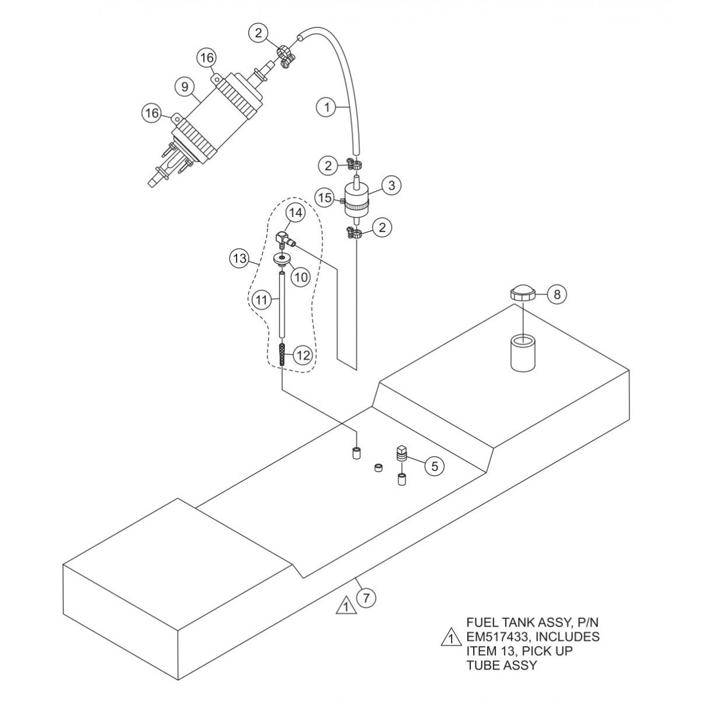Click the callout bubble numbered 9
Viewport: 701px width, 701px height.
coord(185,87)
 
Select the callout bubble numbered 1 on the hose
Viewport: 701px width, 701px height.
coord(327,107)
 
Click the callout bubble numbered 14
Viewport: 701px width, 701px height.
coord(296,214)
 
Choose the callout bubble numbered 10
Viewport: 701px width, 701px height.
coord(300,277)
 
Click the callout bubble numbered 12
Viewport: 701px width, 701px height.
coord(303,355)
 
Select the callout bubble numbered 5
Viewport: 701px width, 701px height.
coord(433,466)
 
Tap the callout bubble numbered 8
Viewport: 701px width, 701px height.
coord(557,294)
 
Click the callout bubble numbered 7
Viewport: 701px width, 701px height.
coord(366,598)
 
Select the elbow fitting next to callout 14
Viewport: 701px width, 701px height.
coord(282,238)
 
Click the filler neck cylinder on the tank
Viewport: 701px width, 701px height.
coord(522,352)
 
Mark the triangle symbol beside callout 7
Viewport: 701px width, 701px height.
coord(346,606)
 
